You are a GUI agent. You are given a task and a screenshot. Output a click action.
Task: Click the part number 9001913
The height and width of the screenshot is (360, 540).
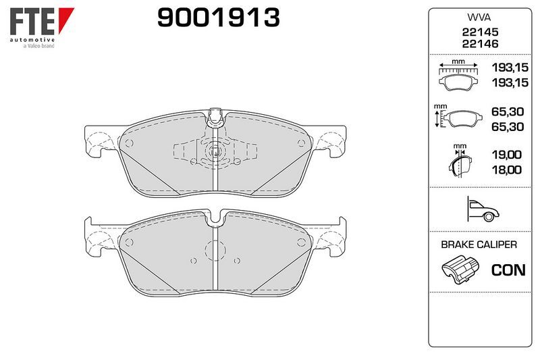[218, 18]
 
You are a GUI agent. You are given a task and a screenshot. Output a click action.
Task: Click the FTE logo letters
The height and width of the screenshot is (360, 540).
[32, 22]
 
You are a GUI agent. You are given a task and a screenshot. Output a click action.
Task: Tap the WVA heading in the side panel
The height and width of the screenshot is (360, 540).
[479, 18]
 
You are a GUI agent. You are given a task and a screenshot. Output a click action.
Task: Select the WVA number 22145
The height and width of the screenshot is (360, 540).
[480, 32]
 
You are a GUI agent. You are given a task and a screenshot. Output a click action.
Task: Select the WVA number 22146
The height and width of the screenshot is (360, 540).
[480, 44]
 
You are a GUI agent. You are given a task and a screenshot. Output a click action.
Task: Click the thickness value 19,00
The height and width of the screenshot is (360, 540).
[506, 155]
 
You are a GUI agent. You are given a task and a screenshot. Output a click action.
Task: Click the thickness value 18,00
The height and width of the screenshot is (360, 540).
[506, 170]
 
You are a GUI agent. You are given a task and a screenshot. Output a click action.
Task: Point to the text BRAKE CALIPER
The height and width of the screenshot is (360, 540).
[479, 245]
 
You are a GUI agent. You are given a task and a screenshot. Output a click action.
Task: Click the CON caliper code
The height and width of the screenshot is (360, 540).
[508, 270]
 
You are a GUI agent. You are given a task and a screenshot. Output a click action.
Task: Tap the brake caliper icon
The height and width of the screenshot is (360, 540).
[460, 269]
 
